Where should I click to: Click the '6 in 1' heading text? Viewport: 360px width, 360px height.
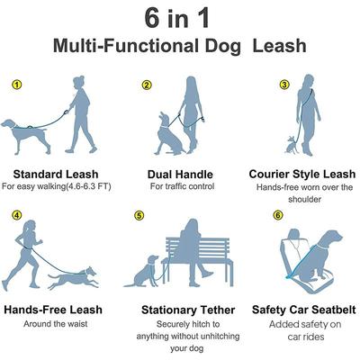(179, 19)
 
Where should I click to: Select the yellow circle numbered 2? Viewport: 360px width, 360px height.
(146, 85)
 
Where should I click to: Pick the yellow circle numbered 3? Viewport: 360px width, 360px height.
(284, 85)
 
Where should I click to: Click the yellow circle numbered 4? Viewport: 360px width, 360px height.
(16, 215)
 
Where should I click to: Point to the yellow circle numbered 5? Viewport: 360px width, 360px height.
(139, 216)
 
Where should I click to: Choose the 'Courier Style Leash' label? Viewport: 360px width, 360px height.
(301, 173)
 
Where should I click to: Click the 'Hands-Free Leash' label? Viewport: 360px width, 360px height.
(54, 310)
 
